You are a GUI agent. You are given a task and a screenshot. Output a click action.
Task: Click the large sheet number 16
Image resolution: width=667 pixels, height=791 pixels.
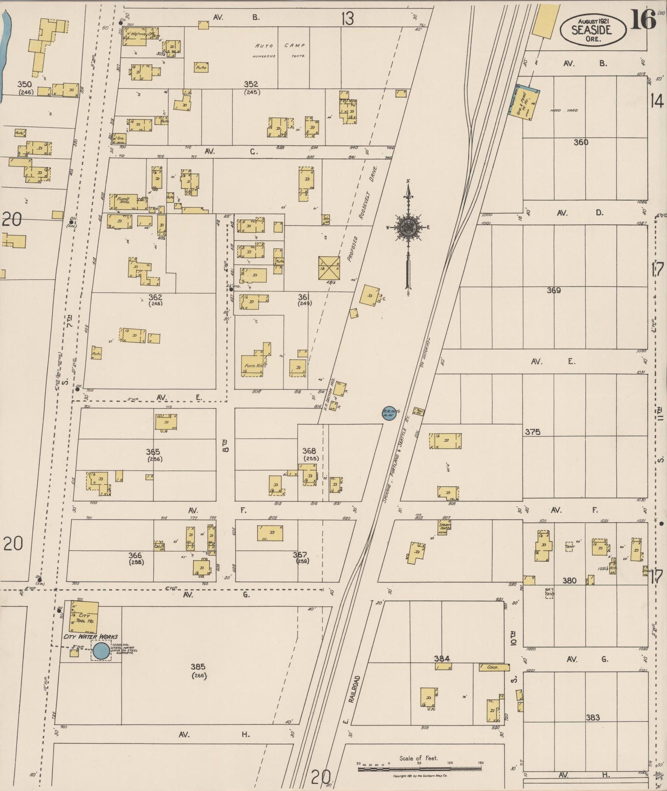pyautogui.click(x=643, y=20)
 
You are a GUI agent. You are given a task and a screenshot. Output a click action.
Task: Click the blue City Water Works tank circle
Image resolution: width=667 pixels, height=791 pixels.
pyautogui.click(x=102, y=651)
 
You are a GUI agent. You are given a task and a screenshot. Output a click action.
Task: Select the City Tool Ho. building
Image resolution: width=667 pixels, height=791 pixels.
pyautogui.click(x=84, y=616)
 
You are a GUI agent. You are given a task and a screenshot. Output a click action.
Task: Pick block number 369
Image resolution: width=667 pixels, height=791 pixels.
pyautogui.click(x=553, y=290)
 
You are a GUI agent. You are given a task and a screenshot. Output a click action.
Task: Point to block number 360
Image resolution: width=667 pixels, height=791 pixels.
pyautogui.click(x=581, y=142)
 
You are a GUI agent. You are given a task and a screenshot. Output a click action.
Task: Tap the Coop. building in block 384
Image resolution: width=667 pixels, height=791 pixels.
pyautogui.click(x=494, y=667)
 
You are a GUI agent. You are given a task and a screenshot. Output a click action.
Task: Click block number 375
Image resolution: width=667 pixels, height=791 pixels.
pyautogui.click(x=532, y=432)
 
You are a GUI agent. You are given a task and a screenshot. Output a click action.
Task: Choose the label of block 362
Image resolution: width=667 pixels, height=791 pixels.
pyautogui.click(x=155, y=297)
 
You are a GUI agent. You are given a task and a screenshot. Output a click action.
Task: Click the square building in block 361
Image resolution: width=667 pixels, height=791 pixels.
pyautogui.click(x=329, y=268)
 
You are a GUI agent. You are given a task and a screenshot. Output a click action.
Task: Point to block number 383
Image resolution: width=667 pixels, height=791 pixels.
pyautogui.click(x=593, y=717)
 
